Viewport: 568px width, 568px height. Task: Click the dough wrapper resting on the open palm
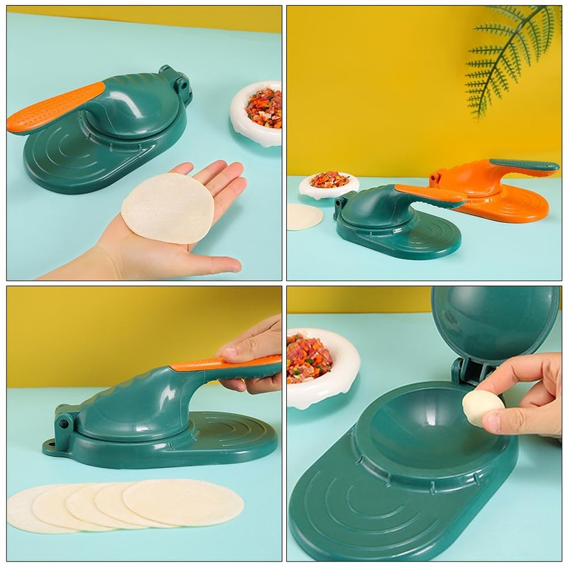[x=168, y=208]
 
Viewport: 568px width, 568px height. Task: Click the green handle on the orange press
[x=525, y=166]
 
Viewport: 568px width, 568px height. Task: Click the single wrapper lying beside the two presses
[x=303, y=217]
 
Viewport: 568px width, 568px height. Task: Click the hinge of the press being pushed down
[x=62, y=425]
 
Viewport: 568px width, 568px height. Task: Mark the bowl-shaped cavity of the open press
[x=426, y=433]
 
